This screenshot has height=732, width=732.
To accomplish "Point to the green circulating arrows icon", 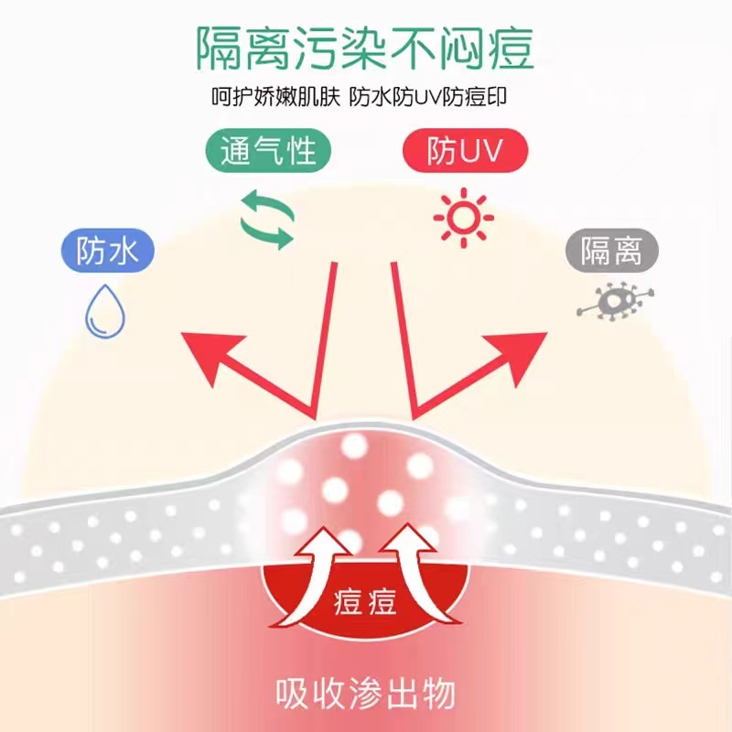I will coord(267,220).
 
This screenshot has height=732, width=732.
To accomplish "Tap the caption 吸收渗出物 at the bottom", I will coord(366,693).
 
